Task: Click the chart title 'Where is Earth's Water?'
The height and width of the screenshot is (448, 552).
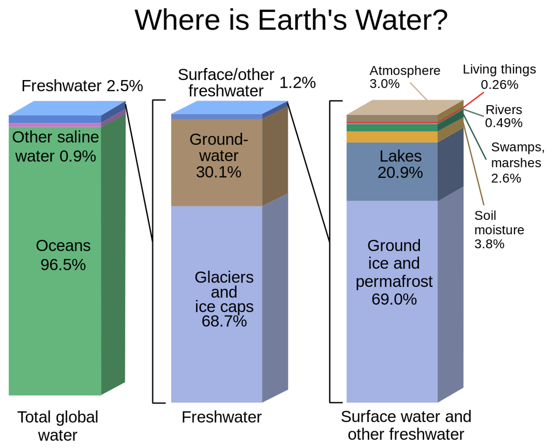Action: (291, 20)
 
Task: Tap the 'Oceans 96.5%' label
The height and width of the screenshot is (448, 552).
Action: (63, 256)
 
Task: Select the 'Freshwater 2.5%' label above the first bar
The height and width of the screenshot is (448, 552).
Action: (82, 85)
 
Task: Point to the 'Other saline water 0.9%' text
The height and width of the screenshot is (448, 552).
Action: (55, 147)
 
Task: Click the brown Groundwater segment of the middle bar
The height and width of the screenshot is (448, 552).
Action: (217, 162)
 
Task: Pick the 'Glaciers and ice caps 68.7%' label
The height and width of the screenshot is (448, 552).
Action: (224, 299)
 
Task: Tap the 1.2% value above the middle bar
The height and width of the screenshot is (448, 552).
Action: (297, 83)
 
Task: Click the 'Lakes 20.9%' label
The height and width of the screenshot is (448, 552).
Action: (400, 164)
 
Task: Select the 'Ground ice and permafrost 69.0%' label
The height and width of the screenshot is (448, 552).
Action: (394, 272)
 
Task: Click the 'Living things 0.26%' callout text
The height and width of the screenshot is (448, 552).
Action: (499, 77)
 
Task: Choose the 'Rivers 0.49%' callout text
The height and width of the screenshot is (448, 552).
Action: (504, 116)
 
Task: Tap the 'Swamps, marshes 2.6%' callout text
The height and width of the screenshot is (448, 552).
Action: (517, 163)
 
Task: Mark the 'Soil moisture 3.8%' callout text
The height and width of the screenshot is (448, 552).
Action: (499, 230)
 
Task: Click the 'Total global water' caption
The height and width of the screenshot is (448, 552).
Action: (58, 426)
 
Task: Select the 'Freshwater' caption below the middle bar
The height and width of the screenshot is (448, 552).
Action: (221, 417)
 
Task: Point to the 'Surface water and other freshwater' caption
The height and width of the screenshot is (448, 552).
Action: (406, 425)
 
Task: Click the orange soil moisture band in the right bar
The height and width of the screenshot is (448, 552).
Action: (392, 136)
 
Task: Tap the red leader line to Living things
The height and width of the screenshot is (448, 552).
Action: (473, 101)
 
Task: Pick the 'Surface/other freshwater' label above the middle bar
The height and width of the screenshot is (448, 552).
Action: (226, 83)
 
